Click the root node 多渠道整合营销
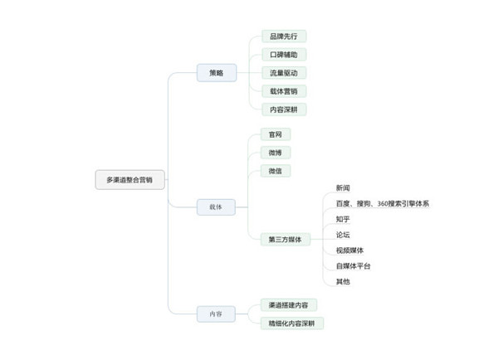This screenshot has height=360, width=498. [x=129, y=179]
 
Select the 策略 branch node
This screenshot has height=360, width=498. [x=216, y=73]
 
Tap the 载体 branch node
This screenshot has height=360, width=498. [x=216, y=207]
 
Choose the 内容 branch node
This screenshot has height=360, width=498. [x=216, y=314]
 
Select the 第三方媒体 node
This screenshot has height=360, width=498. [x=285, y=240]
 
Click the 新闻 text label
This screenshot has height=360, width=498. [x=344, y=188]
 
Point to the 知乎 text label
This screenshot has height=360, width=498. [x=344, y=220]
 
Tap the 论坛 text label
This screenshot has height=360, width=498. [x=344, y=235]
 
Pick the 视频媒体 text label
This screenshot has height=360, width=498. [x=349, y=251]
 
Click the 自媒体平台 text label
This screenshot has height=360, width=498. [x=354, y=266]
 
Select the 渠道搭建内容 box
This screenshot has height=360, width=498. [x=288, y=305]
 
